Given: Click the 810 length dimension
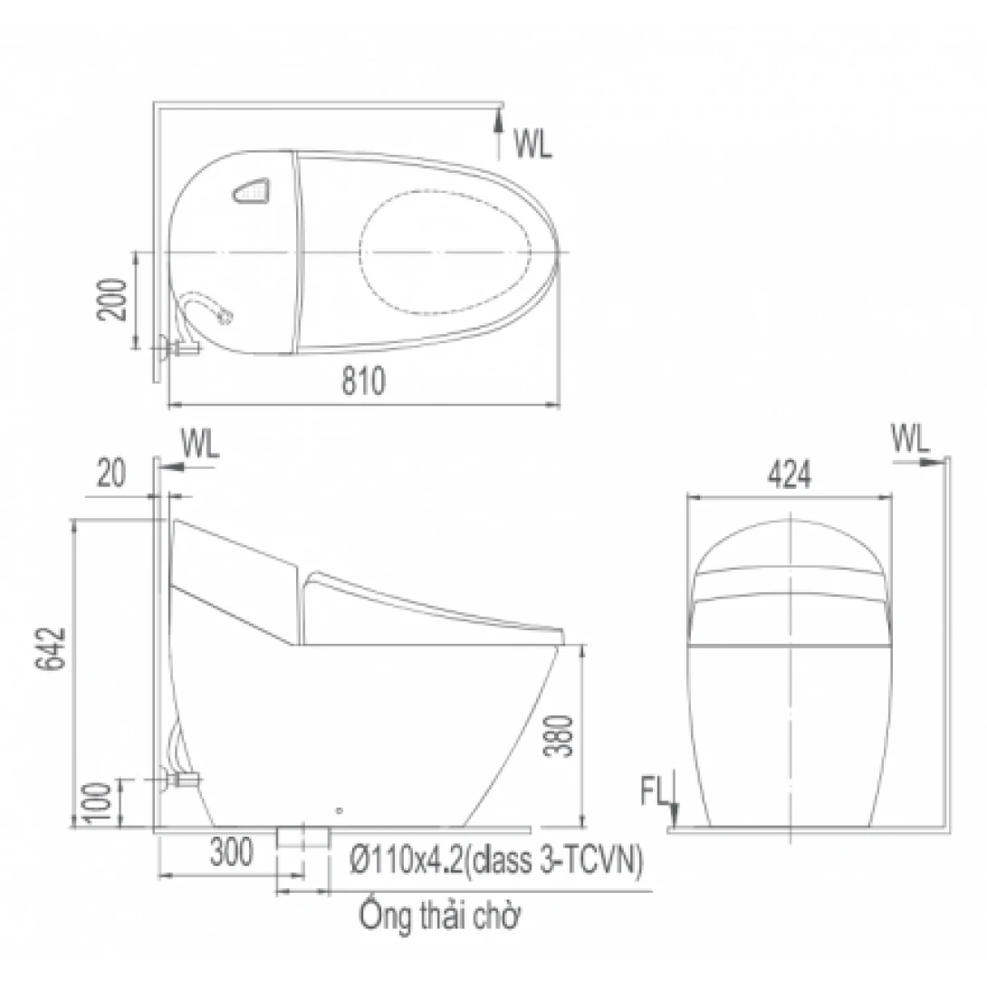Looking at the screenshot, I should pos(363,382).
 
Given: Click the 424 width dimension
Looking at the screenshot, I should pos(790,476).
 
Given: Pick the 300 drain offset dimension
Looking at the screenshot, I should pos(232,853).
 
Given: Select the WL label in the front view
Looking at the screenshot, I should pos(910,439).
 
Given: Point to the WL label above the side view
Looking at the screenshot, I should pos(200,445).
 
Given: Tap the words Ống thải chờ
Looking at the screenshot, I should pos(441,915).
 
